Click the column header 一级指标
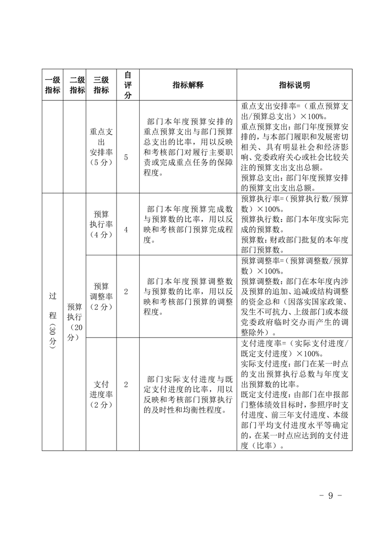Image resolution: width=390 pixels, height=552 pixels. [53, 85]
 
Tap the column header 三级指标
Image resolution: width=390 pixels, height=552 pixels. [101, 85]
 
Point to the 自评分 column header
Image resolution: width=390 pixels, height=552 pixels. [127, 85]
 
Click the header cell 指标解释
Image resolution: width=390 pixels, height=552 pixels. [188, 85]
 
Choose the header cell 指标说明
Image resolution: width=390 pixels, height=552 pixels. [295, 85]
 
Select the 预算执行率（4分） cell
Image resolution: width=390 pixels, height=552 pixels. [101, 224]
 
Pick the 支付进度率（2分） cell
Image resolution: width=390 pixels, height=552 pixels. [101, 394]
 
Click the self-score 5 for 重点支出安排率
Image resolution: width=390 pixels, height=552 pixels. [126, 157]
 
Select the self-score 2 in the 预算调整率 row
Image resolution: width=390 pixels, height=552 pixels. [126, 292]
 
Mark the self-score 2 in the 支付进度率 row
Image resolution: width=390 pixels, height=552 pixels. [126, 384]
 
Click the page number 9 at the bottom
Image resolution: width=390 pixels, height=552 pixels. [330, 495]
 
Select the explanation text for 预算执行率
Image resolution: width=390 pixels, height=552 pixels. [188, 224]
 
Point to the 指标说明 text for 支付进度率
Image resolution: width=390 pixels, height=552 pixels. [295, 394]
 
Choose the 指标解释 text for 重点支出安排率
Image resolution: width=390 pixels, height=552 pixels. [188, 147]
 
